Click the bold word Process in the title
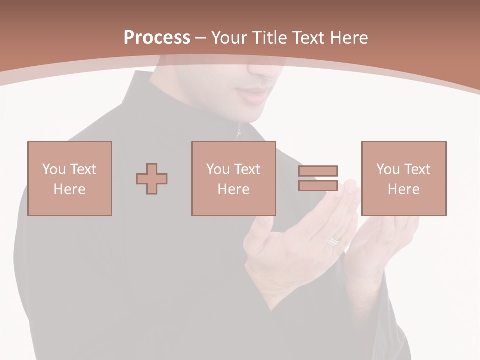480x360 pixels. click(x=157, y=38)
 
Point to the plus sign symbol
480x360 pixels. click(x=152, y=178)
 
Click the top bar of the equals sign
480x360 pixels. click(x=318, y=171)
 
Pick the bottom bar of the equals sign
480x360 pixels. click(x=318, y=185)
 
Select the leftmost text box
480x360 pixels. click(x=69, y=178)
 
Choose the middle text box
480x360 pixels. click(x=233, y=178)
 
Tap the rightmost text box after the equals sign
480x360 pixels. click(x=403, y=178)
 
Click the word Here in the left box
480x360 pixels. click(x=69, y=189)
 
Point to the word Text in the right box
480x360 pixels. click(x=417, y=169)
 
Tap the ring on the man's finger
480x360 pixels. click(x=333, y=241)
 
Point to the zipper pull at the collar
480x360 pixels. click(x=239, y=131)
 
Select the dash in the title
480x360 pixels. click(x=200, y=38)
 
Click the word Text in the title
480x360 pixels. click(x=306, y=38)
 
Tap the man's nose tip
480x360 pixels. click(x=265, y=70)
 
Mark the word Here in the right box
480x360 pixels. click(x=403, y=189)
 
